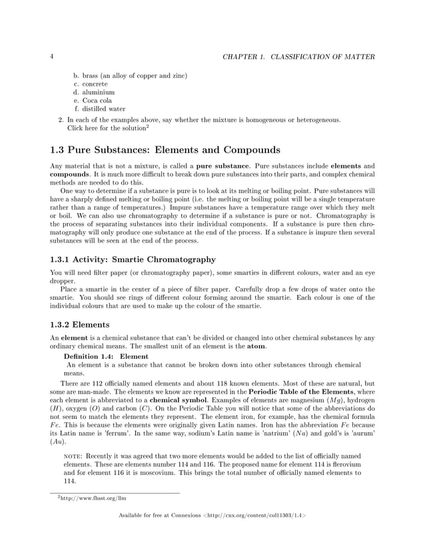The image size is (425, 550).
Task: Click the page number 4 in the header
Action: pos(52,57)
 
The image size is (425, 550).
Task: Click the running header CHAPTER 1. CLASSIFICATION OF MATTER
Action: pos(298,57)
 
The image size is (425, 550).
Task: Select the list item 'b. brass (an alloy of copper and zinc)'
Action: pos(129,75)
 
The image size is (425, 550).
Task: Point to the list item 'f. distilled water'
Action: pos(99,109)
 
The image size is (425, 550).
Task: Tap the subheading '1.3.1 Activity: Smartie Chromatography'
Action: pos(133,259)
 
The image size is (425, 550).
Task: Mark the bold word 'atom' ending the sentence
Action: pos(257,346)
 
